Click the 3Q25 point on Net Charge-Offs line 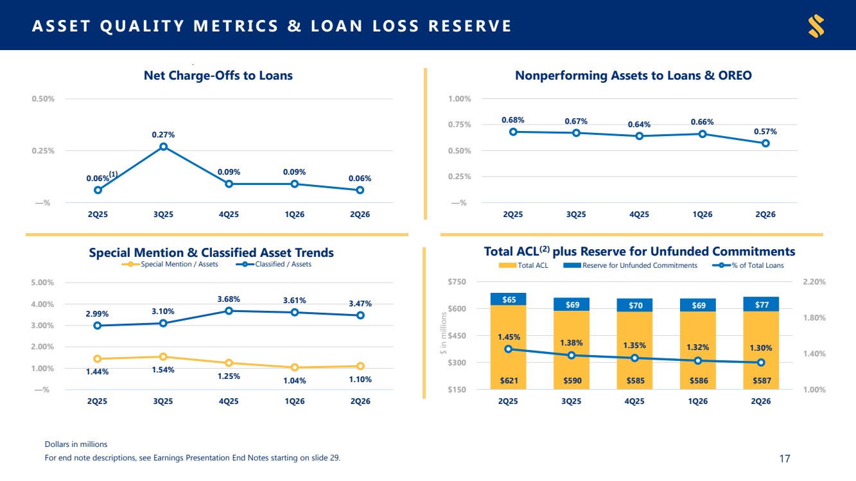[x=164, y=146]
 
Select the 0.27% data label [x=163, y=134]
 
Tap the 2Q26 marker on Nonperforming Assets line [x=765, y=143]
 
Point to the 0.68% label [x=513, y=120]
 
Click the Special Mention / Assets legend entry [x=170, y=264]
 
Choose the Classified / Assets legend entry [x=274, y=264]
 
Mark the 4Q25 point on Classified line [x=229, y=311]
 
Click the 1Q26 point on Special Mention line [x=295, y=367]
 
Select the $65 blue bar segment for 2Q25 [x=508, y=299]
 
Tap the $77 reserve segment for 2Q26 [x=761, y=304]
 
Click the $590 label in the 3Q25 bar [x=572, y=381]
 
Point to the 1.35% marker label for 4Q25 [x=634, y=345]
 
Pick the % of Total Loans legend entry [x=748, y=265]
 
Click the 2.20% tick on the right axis [x=814, y=282]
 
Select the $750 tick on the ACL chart [x=457, y=282]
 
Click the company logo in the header [x=816, y=26]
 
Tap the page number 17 [x=785, y=459]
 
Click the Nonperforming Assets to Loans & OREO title [x=633, y=75]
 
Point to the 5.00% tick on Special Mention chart [x=42, y=283]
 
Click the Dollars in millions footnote [x=76, y=444]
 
